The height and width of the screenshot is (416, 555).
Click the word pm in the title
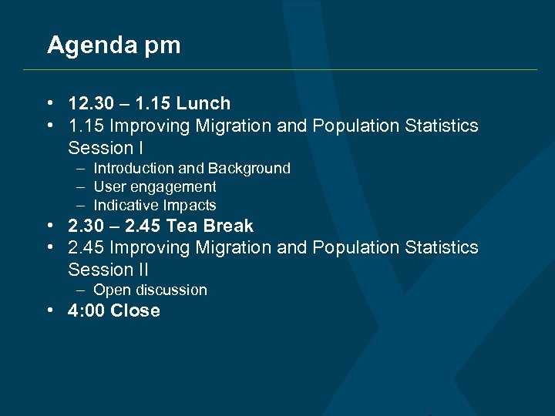161,46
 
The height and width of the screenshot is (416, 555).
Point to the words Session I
106,147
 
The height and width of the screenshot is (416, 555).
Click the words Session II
108,270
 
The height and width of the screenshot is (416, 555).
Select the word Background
249,168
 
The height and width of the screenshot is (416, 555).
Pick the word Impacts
190,206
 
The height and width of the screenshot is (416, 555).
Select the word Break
228,226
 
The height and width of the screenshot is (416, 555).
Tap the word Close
136,311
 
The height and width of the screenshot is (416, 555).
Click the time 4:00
86,311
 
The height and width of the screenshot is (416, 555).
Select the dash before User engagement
81,187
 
